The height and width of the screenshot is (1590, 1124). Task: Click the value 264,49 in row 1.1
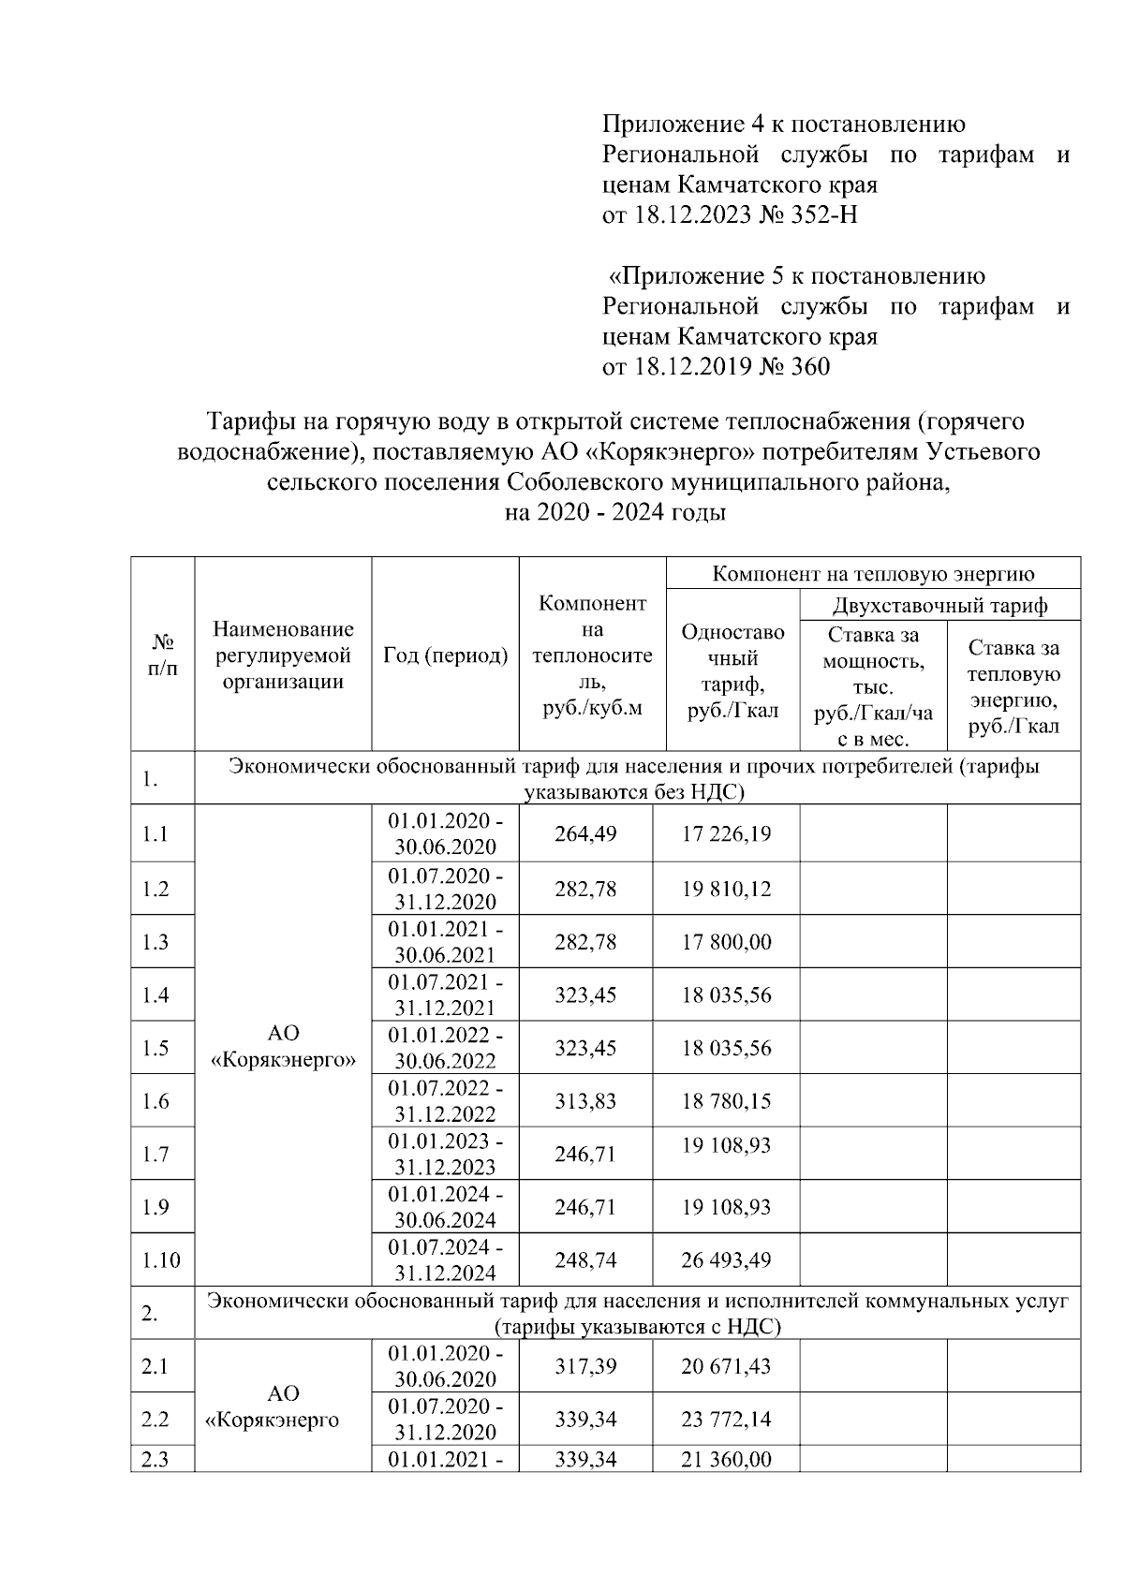pyautogui.click(x=585, y=833)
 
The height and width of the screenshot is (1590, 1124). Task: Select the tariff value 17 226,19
pyautogui.click(x=726, y=833)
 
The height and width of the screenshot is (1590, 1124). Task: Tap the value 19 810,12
pyautogui.click(x=726, y=888)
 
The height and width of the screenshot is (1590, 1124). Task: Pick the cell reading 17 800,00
pyautogui.click(x=726, y=941)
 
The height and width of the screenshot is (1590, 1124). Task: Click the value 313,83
pyautogui.click(x=585, y=1100)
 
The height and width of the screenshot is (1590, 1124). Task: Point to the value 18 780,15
pyautogui.click(x=726, y=1100)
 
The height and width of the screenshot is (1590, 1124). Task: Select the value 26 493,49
pyautogui.click(x=726, y=1259)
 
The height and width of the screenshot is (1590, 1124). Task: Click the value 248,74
pyautogui.click(x=585, y=1259)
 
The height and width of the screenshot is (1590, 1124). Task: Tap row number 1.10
pyautogui.click(x=161, y=1260)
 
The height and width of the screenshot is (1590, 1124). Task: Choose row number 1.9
pyautogui.click(x=155, y=1207)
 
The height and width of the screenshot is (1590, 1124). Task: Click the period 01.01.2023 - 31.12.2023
pyautogui.click(x=445, y=1154)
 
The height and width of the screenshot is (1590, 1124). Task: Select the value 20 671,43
pyautogui.click(x=726, y=1366)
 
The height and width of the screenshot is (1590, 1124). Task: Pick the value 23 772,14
pyautogui.click(x=726, y=1419)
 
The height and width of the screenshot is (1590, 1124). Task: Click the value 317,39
pyautogui.click(x=585, y=1366)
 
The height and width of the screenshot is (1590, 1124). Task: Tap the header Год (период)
pyautogui.click(x=445, y=655)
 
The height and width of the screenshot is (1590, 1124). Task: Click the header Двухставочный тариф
pyautogui.click(x=939, y=605)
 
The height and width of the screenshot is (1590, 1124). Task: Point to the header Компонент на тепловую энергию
pyautogui.click(x=873, y=573)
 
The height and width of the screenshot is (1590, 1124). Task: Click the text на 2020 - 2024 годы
pyautogui.click(x=614, y=512)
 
